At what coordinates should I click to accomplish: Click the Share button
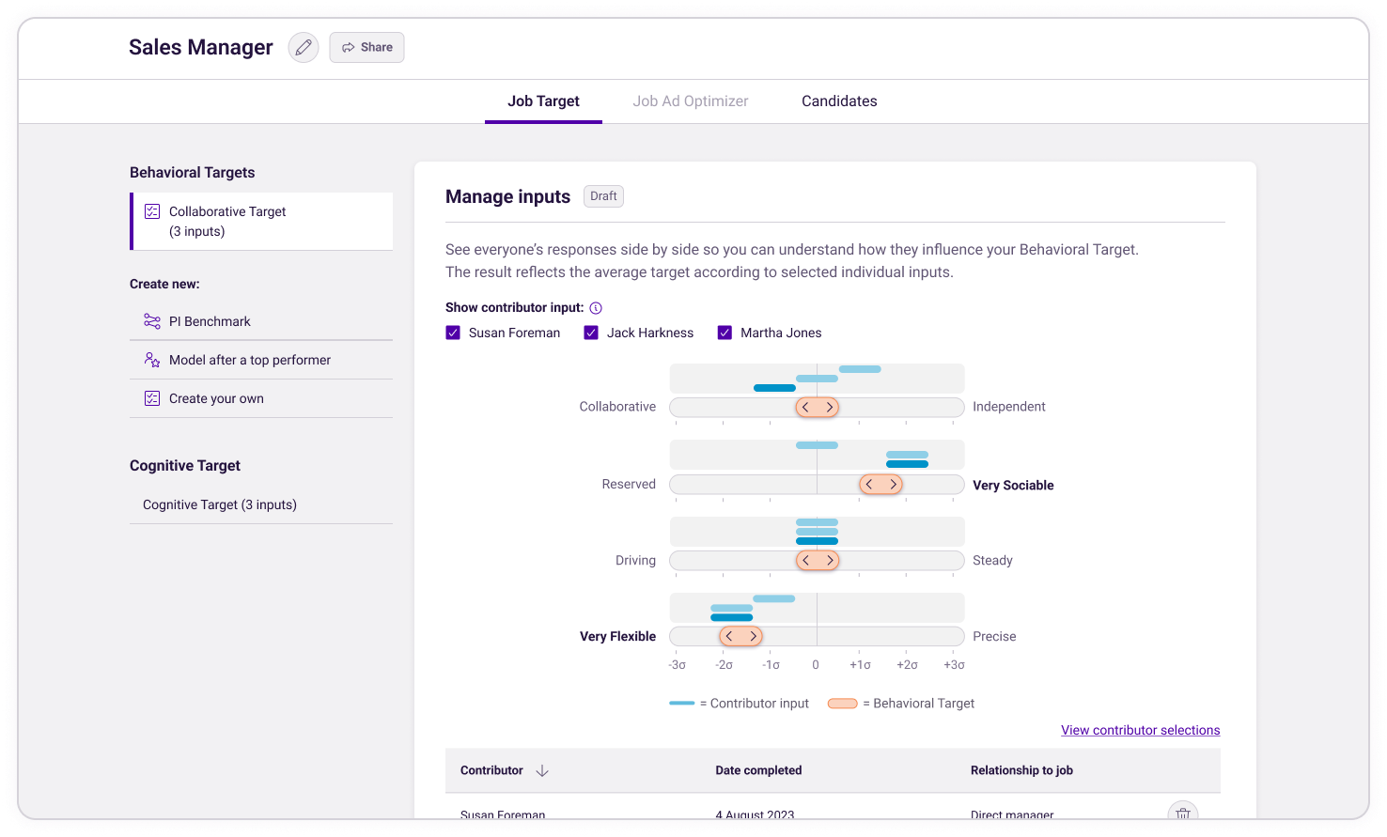366,48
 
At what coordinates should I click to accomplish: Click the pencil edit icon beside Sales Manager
303,48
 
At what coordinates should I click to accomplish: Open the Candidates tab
839,101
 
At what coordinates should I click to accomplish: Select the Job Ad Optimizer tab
691,101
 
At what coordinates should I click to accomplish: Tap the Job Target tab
543,101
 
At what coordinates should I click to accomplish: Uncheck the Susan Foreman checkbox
453,333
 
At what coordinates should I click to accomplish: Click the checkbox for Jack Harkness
591,333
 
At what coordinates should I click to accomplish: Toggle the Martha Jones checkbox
725,333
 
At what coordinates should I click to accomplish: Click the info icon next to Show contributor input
596,308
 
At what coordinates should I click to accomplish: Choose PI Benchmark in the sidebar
210,321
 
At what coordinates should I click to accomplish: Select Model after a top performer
249,360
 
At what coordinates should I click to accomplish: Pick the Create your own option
216,398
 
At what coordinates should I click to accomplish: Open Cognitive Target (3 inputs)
220,504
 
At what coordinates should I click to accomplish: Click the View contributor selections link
1140,730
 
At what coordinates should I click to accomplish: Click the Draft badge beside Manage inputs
603,196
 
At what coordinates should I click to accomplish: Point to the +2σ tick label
907,665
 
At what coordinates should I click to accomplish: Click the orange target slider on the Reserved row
881,485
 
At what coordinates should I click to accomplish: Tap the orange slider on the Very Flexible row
740,636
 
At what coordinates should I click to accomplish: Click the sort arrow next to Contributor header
542,770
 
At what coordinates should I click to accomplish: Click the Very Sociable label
1013,486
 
